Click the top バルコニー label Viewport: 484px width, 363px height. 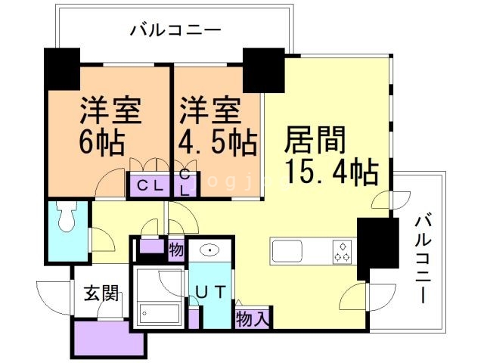[175, 31]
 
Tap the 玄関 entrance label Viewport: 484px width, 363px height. [101, 293]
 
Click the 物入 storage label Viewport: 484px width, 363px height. [253, 318]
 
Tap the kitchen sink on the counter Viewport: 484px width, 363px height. [287, 250]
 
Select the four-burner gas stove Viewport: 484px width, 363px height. [343, 251]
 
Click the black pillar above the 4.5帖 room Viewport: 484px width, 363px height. [263, 70]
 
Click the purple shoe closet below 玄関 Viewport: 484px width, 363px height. [108, 337]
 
